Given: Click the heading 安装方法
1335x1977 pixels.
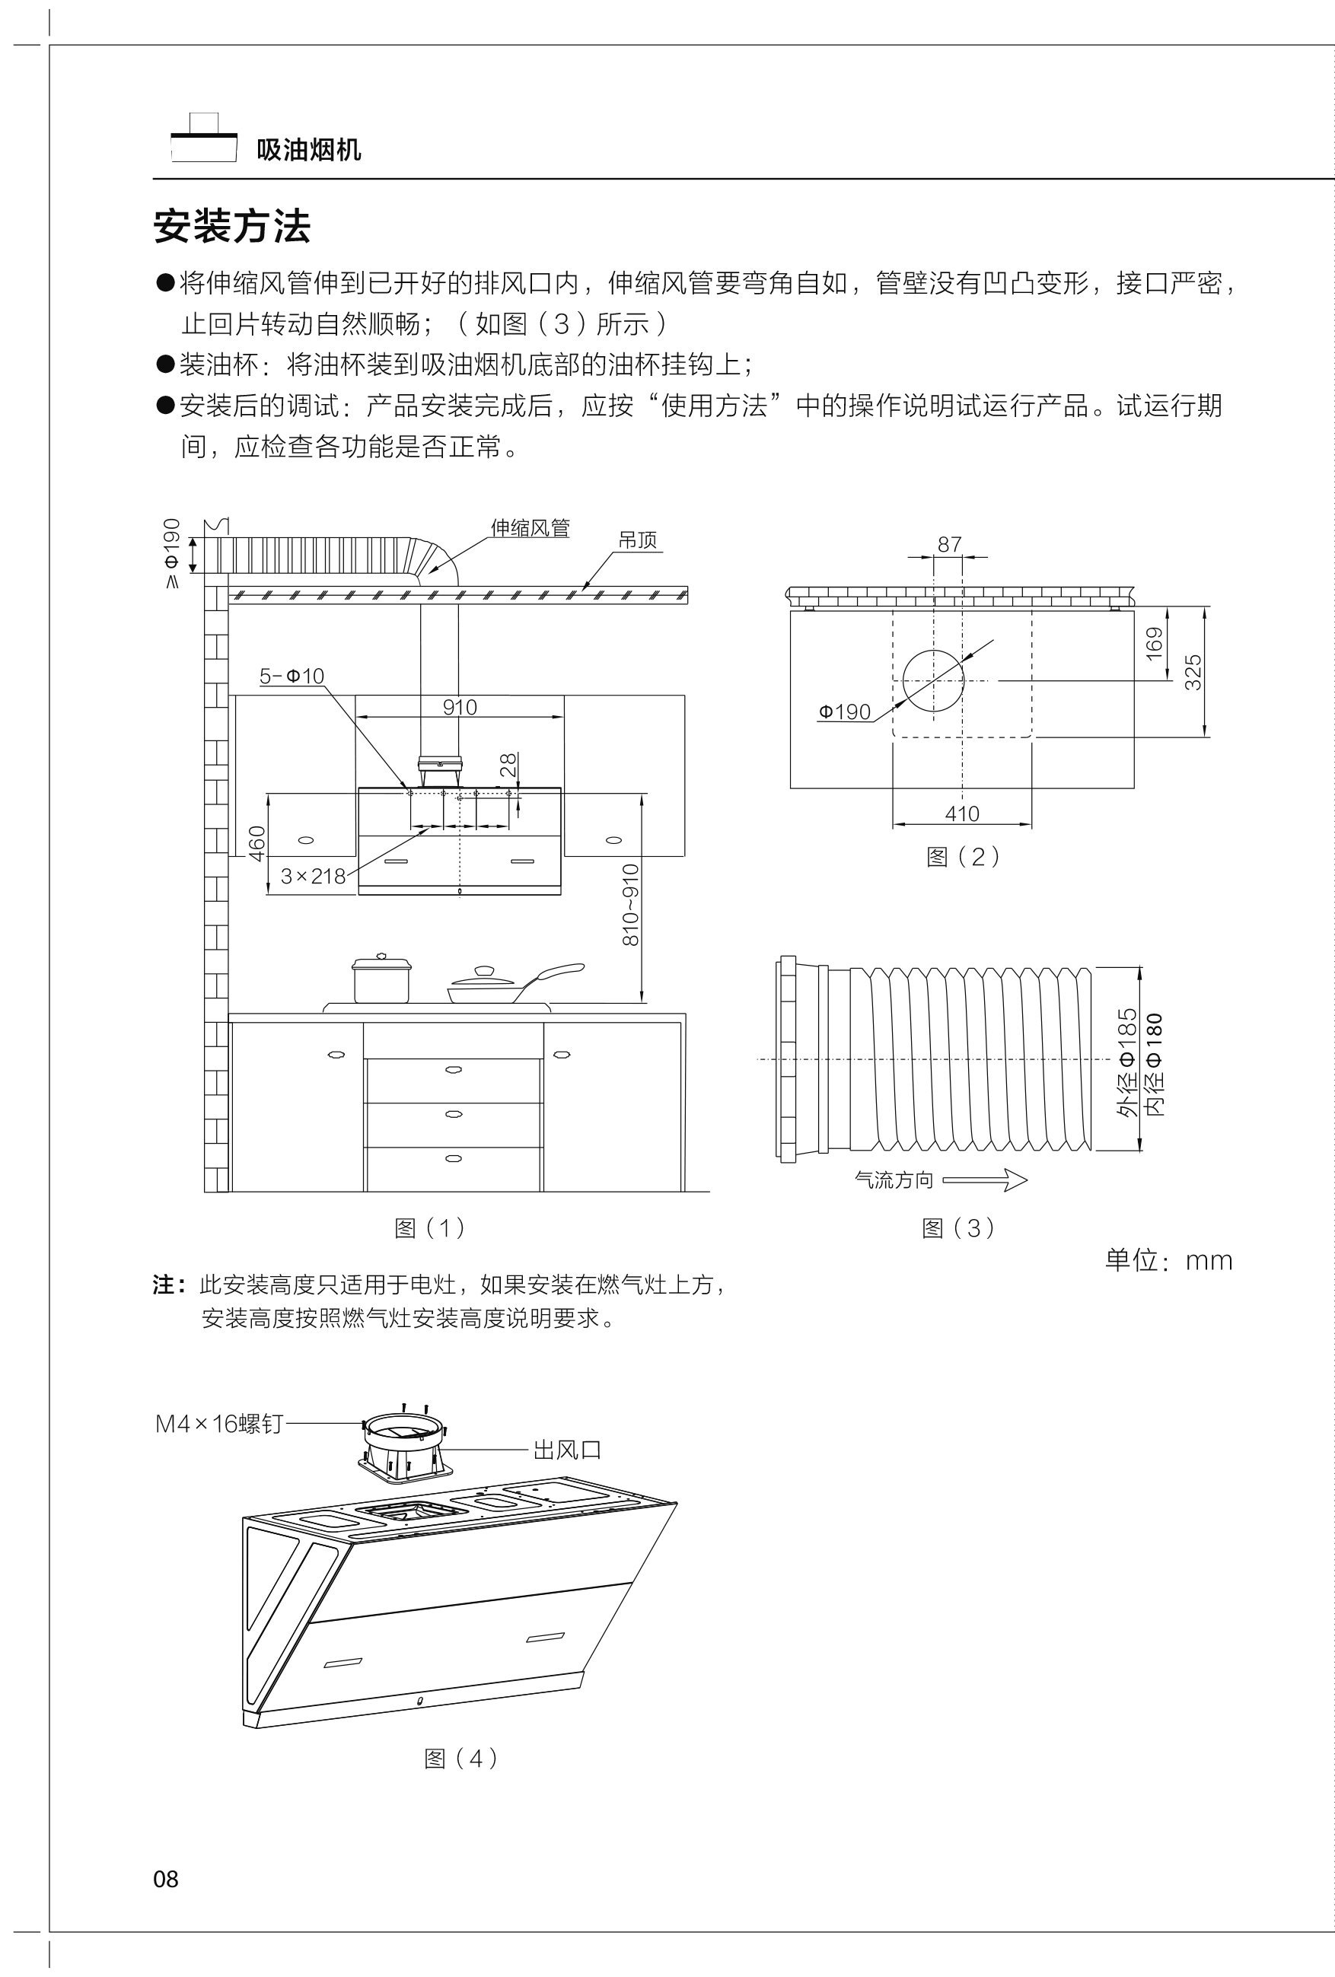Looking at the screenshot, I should click(x=231, y=226).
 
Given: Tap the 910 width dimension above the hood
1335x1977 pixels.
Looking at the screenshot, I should click(x=460, y=707).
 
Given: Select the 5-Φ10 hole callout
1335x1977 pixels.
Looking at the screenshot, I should click(x=291, y=677).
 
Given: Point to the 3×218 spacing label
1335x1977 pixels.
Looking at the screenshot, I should click(x=313, y=876).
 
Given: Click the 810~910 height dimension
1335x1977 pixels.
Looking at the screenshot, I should click(x=630, y=906).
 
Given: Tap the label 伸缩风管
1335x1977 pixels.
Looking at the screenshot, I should click(x=529, y=528).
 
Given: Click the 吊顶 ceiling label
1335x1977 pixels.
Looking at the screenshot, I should click(x=637, y=540).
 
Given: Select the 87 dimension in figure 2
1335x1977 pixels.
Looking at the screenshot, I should click(x=948, y=544).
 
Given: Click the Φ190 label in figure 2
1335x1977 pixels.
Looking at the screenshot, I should click(x=844, y=712).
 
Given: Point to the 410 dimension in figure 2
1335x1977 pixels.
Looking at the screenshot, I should click(x=961, y=814).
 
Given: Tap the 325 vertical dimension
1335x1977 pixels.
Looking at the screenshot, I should click(x=1193, y=672).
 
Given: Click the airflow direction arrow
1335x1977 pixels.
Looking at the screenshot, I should click(x=984, y=1181).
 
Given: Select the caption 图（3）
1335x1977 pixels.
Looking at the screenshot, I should click(x=958, y=1228).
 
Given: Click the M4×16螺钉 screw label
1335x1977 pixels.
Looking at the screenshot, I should click(x=218, y=1424).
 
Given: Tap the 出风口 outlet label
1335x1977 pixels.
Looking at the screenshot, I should click(x=567, y=1450).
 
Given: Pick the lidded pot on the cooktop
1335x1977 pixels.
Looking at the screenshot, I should click(x=381, y=979).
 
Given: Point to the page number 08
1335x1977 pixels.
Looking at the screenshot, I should click(x=166, y=1879).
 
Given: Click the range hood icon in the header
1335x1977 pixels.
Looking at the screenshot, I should click(x=203, y=138).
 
